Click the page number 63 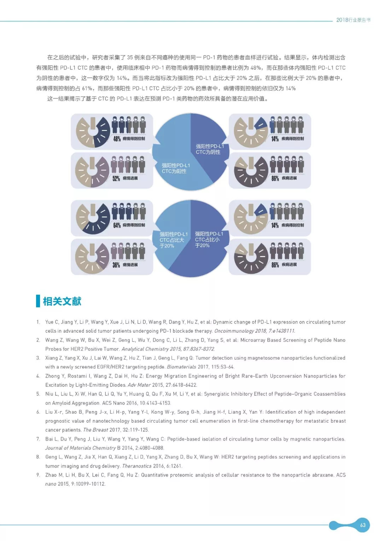pyautogui.click(x=363, y=525)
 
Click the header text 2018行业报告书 pyautogui.click(x=353, y=20)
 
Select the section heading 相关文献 pyautogui.click(x=62, y=302)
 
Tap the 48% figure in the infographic pyautogui.click(x=117, y=139)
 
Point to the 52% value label pyautogui.click(x=116, y=179)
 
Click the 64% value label pyautogui.click(x=117, y=225)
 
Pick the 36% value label pyautogui.click(x=116, y=265)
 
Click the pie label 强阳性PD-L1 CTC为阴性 pyautogui.click(x=210, y=149)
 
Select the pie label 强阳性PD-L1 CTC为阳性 pyautogui.click(x=176, y=168)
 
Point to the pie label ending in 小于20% pyautogui.click(x=209, y=239)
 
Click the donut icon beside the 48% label pyautogui.click(x=93, y=131)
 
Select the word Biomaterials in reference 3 pyautogui.click(x=181, y=367)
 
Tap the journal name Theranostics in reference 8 pyautogui.click(x=137, y=466)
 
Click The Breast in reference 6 pyautogui.click(x=95, y=430)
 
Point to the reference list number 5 pyautogui.click(x=38, y=394)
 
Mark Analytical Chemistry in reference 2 pyautogui.click(x=145, y=349)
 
